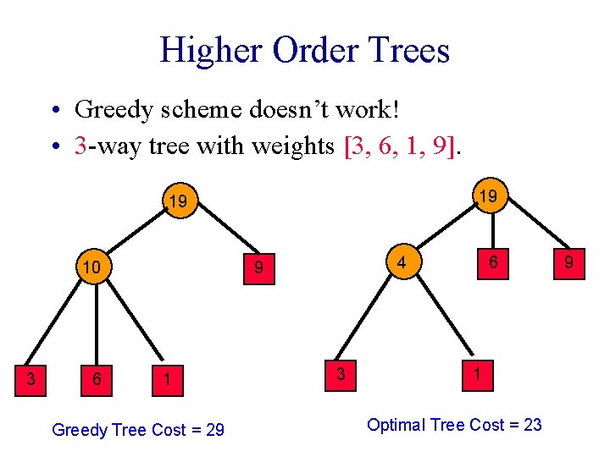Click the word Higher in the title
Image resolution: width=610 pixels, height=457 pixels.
tap(211, 50)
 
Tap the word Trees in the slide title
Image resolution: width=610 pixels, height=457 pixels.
tap(404, 50)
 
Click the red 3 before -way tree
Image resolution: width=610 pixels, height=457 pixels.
tap(80, 146)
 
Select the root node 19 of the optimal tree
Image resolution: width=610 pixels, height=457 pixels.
tap(485, 196)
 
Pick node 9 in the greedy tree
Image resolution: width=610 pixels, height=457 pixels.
tap(261, 267)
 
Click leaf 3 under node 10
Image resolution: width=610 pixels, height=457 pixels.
tap(31, 378)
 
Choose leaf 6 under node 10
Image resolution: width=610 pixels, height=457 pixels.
tap(97, 379)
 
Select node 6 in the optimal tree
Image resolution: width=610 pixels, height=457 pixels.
tap(491, 263)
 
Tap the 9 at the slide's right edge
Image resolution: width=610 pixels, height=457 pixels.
tap(569, 263)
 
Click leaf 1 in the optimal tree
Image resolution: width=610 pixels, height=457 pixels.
tap(478, 372)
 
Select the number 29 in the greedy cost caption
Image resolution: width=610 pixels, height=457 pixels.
tap(214, 430)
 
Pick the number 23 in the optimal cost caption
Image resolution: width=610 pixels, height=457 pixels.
tap(532, 424)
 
